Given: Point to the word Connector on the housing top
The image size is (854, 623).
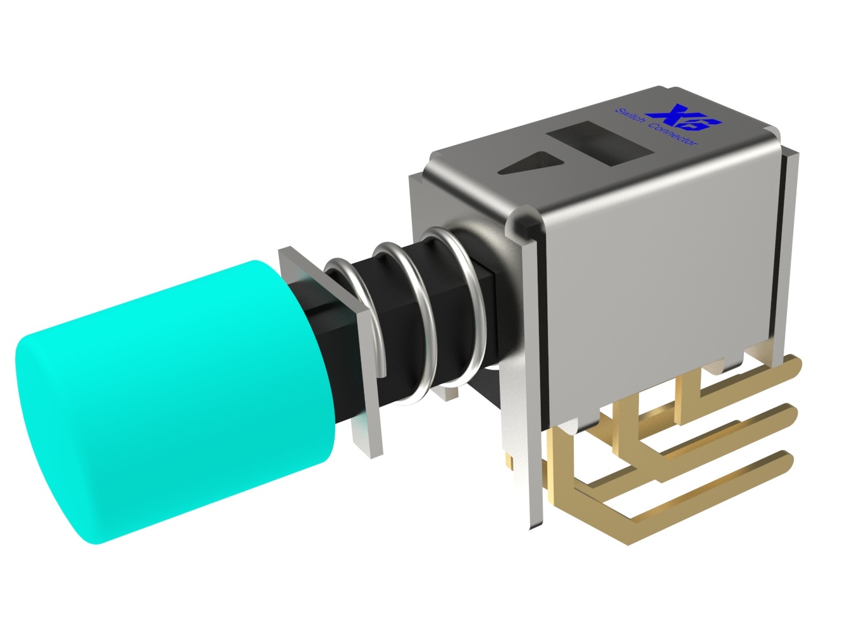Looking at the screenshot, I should [x=674, y=134].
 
